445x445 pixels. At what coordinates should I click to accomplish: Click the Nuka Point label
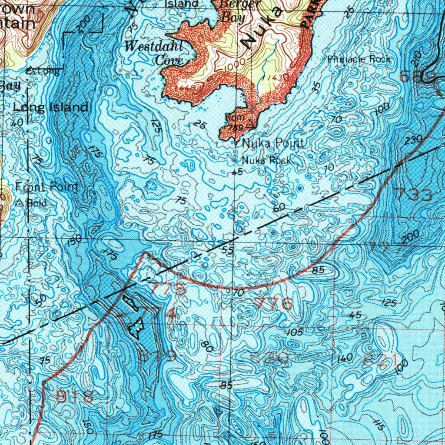273,143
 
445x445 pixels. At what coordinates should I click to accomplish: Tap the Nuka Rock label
266,160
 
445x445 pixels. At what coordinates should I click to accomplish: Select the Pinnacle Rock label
359,59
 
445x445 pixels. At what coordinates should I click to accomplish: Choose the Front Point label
47,187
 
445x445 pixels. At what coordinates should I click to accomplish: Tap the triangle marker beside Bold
20,203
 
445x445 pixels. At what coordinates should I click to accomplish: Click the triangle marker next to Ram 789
249,125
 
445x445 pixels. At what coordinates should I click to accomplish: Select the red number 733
412,194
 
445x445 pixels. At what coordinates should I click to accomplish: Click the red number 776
273,304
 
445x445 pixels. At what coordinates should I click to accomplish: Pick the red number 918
75,396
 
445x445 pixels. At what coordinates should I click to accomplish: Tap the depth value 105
294,332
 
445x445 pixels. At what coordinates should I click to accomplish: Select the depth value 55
227,250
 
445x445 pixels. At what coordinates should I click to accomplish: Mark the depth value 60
279,208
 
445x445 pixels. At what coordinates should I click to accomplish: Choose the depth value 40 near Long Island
17,123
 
